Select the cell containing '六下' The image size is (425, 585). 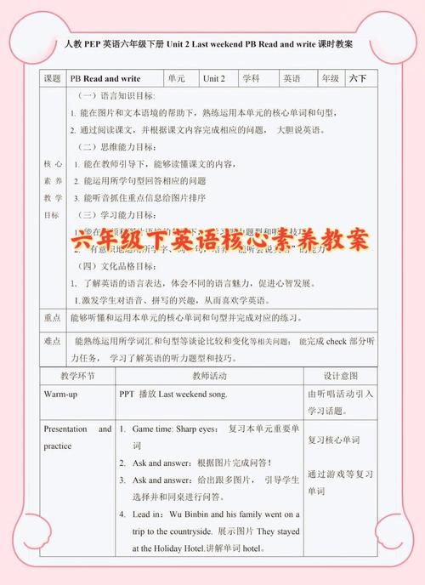point(357,77)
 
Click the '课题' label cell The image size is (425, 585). point(52,77)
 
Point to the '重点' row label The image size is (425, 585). point(52,316)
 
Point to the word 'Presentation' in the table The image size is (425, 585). point(65,429)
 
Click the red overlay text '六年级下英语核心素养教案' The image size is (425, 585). point(222,240)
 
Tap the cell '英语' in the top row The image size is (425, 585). point(292,77)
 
